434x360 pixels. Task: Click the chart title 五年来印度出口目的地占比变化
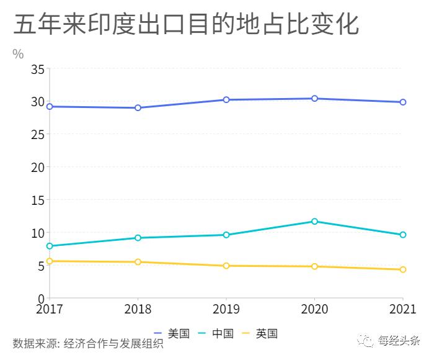click(186, 25)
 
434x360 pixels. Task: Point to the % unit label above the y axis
click(18, 54)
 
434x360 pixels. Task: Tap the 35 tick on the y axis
click(37, 69)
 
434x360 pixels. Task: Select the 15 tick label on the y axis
click(37, 200)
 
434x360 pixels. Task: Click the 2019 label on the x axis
click(226, 308)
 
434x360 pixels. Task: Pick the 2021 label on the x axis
click(403, 308)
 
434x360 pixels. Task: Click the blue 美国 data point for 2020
click(314, 99)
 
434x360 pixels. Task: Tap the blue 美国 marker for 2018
click(138, 108)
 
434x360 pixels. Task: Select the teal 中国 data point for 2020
click(314, 222)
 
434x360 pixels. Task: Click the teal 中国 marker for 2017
click(50, 246)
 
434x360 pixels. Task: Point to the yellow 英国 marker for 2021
click(403, 270)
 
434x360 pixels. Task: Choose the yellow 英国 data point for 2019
click(226, 266)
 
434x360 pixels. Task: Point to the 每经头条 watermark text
click(399, 340)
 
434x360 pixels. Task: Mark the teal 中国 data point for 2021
click(403, 235)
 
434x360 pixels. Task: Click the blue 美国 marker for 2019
click(226, 100)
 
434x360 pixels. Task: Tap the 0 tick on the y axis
click(40, 299)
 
